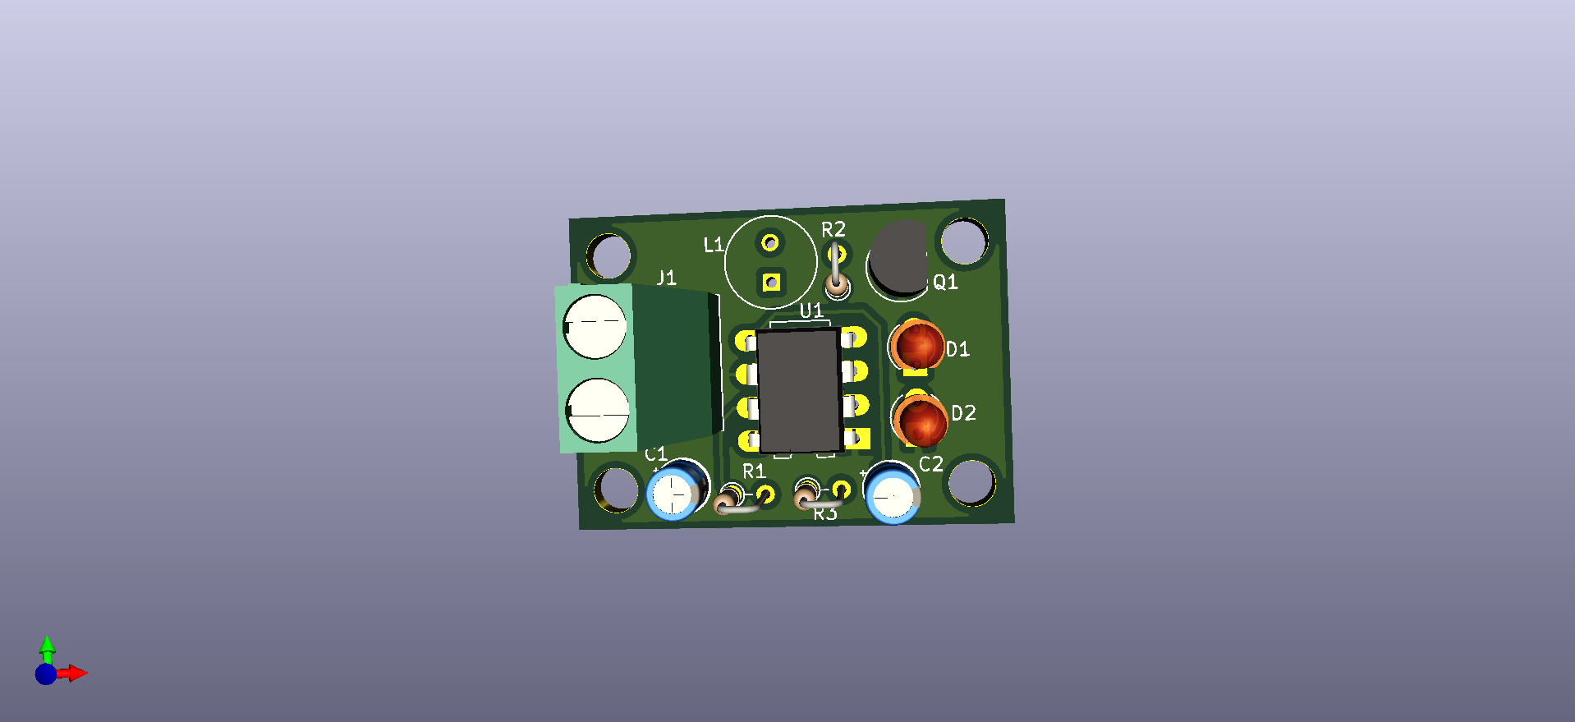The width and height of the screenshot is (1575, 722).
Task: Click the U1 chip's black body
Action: click(x=798, y=391)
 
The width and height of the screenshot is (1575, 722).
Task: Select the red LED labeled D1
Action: click(x=918, y=346)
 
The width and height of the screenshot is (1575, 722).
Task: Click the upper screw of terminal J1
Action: click(x=595, y=327)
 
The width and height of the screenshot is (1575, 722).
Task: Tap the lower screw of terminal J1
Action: click(x=598, y=410)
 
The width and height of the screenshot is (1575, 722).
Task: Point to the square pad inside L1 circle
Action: click(x=771, y=283)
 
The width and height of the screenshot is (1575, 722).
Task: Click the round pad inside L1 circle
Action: click(x=770, y=243)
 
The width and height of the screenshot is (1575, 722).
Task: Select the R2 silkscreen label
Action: click(x=833, y=230)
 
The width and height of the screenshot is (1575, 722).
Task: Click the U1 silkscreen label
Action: click(x=811, y=310)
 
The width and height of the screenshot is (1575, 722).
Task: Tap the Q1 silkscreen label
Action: click(x=945, y=283)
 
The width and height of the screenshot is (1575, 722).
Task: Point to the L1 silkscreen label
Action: click(x=713, y=245)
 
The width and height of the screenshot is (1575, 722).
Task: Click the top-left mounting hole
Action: click(x=609, y=255)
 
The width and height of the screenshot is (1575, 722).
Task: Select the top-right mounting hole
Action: click(x=963, y=241)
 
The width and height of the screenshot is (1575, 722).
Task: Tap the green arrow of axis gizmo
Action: click(x=47, y=646)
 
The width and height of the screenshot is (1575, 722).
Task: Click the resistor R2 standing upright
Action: click(x=835, y=272)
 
